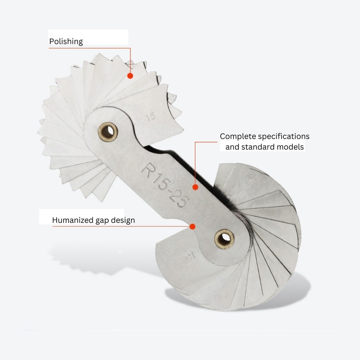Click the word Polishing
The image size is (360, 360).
coord(66,41)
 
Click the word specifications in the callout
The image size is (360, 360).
coord(284,136)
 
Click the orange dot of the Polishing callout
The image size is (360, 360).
coord(130,76)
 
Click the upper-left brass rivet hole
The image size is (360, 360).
coord(108,132)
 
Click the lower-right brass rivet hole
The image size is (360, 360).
coord(224,239)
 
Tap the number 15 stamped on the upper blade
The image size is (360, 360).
coord(151,117)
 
